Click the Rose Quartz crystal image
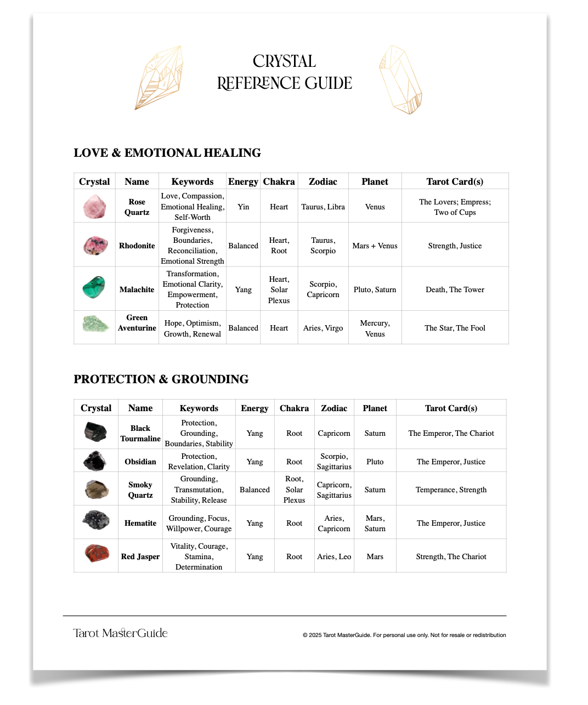[x=94, y=207]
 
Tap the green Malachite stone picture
[x=94, y=287]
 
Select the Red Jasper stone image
[x=97, y=553]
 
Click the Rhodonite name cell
[x=137, y=246]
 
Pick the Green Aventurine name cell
[x=137, y=323]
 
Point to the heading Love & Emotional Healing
[x=167, y=153]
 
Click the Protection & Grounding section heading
[x=161, y=379]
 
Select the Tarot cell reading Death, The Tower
[x=455, y=289]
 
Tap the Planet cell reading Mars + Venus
[x=375, y=246]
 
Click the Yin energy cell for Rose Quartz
[x=243, y=207]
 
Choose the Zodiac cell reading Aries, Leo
[x=334, y=556]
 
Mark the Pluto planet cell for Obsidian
[x=375, y=462]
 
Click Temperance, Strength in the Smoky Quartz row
[x=451, y=490]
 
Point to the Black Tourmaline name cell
[x=140, y=433]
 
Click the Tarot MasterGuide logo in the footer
[x=120, y=633]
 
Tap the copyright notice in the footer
[x=404, y=635]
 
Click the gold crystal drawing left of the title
[x=160, y=77]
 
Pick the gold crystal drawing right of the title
[x=401, y=79]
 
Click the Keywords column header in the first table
[x=192, y=181]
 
